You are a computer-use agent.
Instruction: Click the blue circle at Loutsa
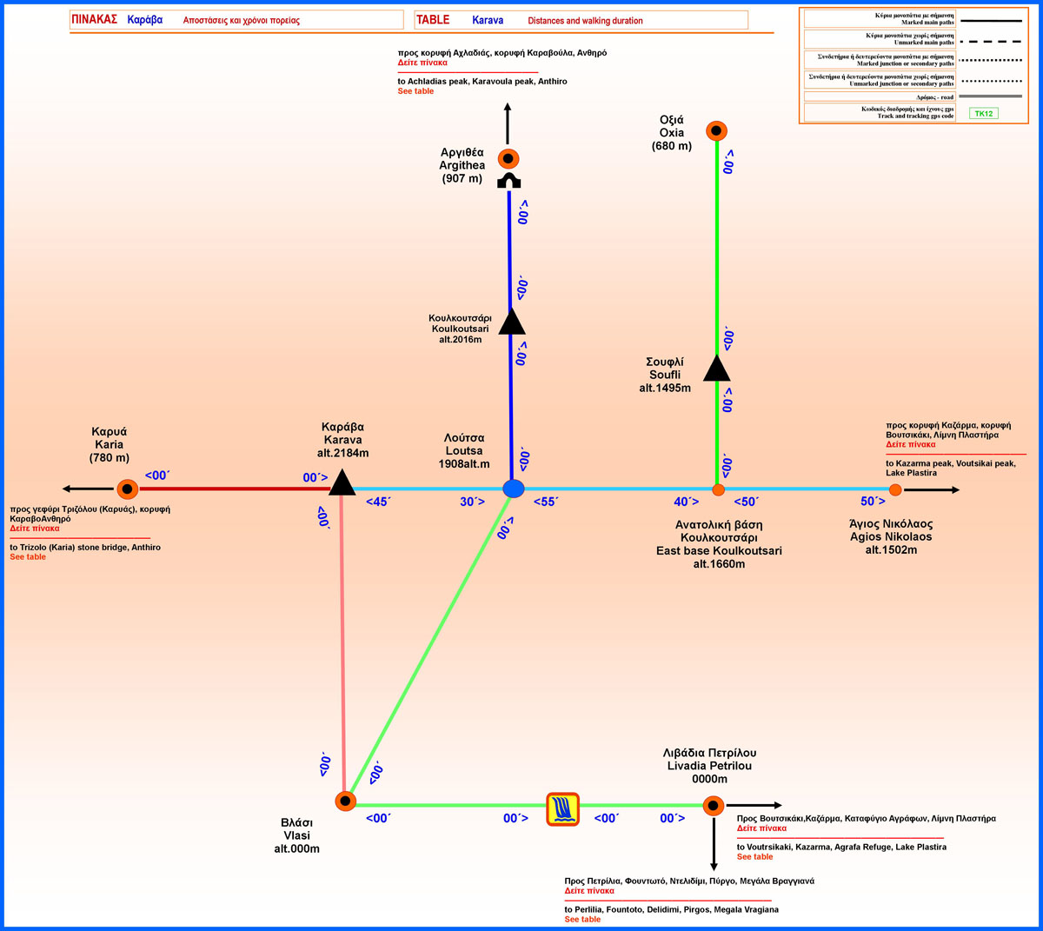[x=514, y=489]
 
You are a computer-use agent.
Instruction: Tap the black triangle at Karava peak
[x=342, y=483]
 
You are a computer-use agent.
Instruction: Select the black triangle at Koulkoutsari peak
[x=512, y=323]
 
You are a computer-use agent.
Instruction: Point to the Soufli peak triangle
[x=716, y=369]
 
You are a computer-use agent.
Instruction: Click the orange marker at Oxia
[x=715, y=131]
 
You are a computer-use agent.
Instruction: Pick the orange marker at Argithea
[x=508, y=159]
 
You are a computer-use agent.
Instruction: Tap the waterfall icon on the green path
[x=562, y=808]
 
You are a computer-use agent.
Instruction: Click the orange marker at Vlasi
[x=346, y=801]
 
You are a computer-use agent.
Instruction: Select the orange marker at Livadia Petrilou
[x=714, y=806]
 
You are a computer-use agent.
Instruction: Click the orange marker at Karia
[x=128, y=489]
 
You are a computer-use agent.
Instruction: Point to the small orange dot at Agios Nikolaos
[x=895, y=490]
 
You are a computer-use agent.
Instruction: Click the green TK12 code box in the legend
[x=983, y=114]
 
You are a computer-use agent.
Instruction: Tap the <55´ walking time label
[x=545, y=502]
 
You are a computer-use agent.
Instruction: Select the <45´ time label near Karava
[x=377, y=502]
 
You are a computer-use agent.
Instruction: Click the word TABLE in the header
[x=433, y=20]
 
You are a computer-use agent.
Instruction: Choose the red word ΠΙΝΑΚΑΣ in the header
[x=95, y=19]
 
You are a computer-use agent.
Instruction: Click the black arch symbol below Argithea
[x=508, y=181]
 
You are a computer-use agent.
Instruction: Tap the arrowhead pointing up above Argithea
[x=508, y=109]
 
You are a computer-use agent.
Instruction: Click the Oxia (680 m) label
[x=672, y=133]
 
